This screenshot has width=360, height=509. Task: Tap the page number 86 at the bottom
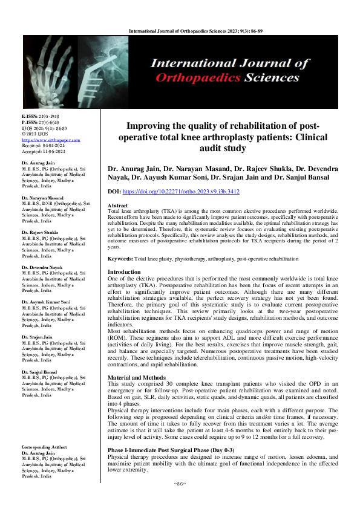click(x=180, y=501)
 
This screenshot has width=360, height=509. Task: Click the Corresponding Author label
click(x=40, y=447)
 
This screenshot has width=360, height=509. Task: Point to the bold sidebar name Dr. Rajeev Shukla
click(x=35, y=232)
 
